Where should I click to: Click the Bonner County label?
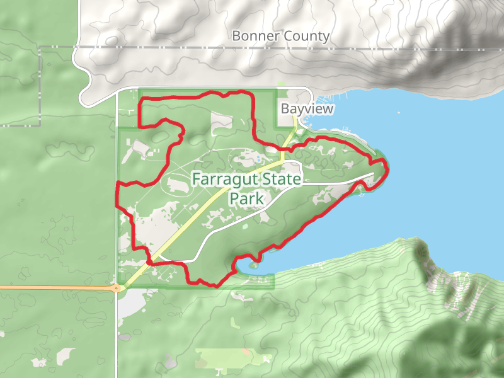[280, 36]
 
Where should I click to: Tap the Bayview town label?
[307, 109]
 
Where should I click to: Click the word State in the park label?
[277, 180]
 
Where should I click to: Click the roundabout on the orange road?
[117, 288]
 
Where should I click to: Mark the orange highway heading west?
[50, 287]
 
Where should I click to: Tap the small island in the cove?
[253, 266]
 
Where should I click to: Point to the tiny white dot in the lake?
[398, 113]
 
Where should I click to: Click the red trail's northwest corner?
[139, 100]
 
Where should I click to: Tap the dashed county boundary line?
[189, 47]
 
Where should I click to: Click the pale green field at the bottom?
[227, 359]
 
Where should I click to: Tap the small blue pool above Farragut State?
[259, 158]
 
